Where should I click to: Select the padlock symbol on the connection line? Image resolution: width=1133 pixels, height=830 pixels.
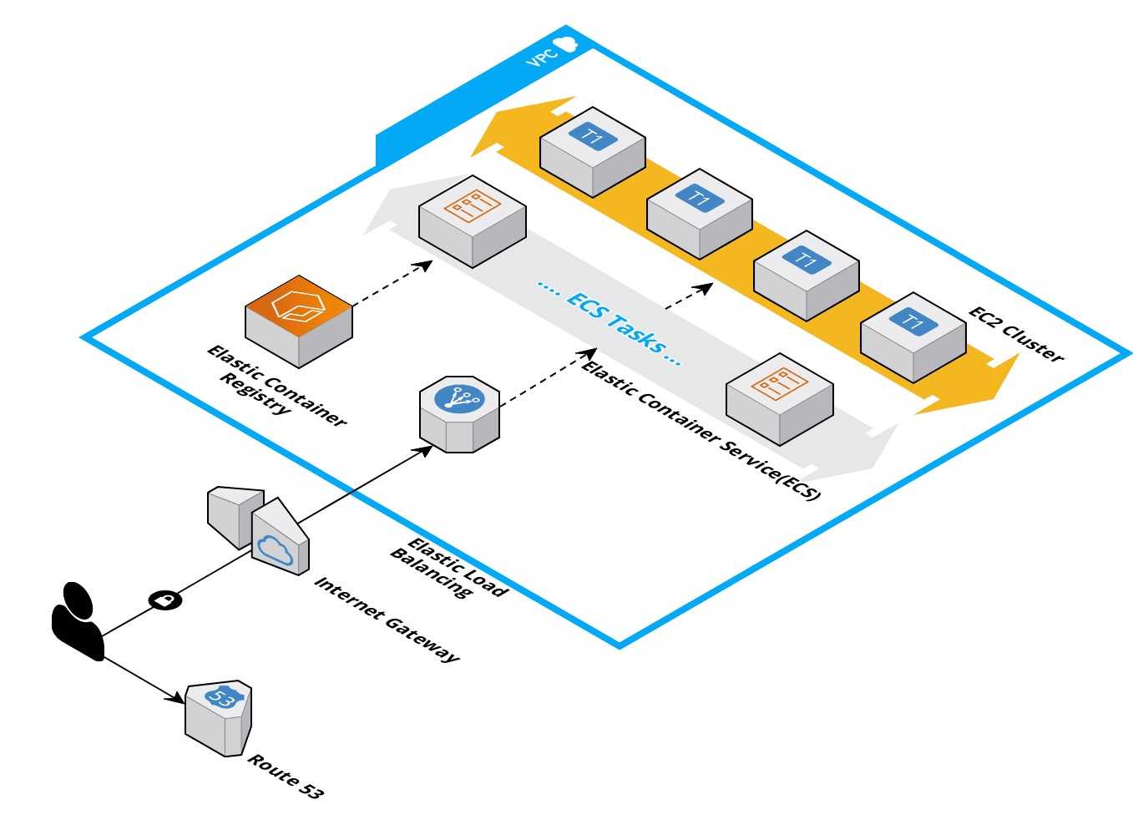point(165,600)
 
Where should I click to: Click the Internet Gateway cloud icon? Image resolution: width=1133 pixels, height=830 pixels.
point(275,549)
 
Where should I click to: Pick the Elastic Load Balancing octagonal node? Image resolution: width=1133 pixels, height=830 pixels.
point(459,413)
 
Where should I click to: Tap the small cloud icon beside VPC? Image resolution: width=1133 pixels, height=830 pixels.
point(568,44)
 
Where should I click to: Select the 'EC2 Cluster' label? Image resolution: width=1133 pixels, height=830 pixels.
point(1016,335)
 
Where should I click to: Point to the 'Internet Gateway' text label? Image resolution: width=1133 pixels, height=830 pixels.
point(387,619)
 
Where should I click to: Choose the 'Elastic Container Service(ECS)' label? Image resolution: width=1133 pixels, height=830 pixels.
point(701,431)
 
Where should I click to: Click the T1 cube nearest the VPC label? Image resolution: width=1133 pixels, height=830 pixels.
point(593,150)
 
